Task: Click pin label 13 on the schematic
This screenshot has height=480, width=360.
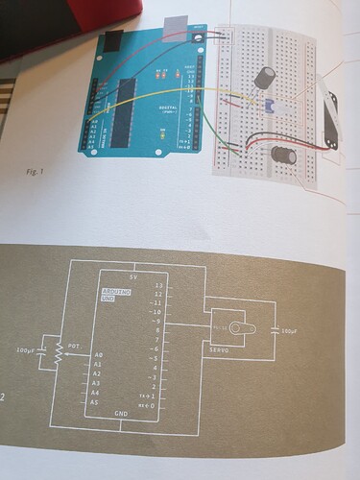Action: [x=159, y=286]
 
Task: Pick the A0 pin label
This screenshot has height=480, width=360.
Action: [x=97, y=353]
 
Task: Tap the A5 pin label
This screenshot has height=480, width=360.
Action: [x=96, y=404]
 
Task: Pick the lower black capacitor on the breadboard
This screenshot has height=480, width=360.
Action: [x=282, y=154]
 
